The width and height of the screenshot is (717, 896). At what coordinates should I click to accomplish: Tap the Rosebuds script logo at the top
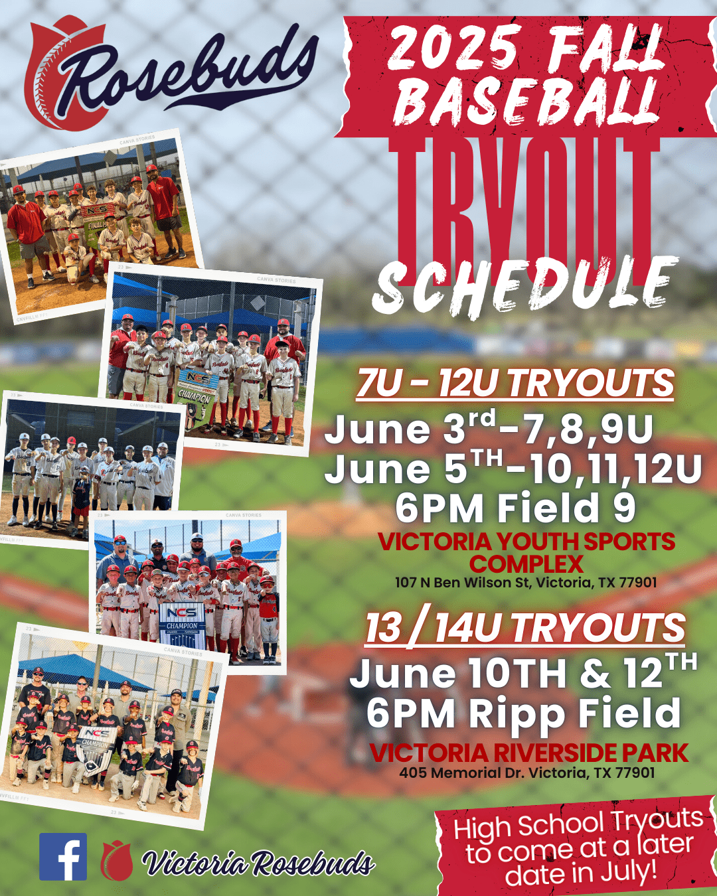pos(171,73)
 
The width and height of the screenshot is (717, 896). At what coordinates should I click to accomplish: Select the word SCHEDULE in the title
pos(525,286)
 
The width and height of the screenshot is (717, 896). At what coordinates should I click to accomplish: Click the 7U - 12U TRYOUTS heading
pos(515,384)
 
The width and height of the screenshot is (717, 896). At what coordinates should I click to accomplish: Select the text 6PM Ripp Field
pos(523,713)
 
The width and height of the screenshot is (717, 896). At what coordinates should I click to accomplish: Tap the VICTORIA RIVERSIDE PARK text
pos(529,752)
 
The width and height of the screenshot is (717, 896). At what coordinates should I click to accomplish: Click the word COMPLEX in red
pos(526,564)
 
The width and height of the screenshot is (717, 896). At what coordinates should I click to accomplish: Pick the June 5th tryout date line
pos(513,469)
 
